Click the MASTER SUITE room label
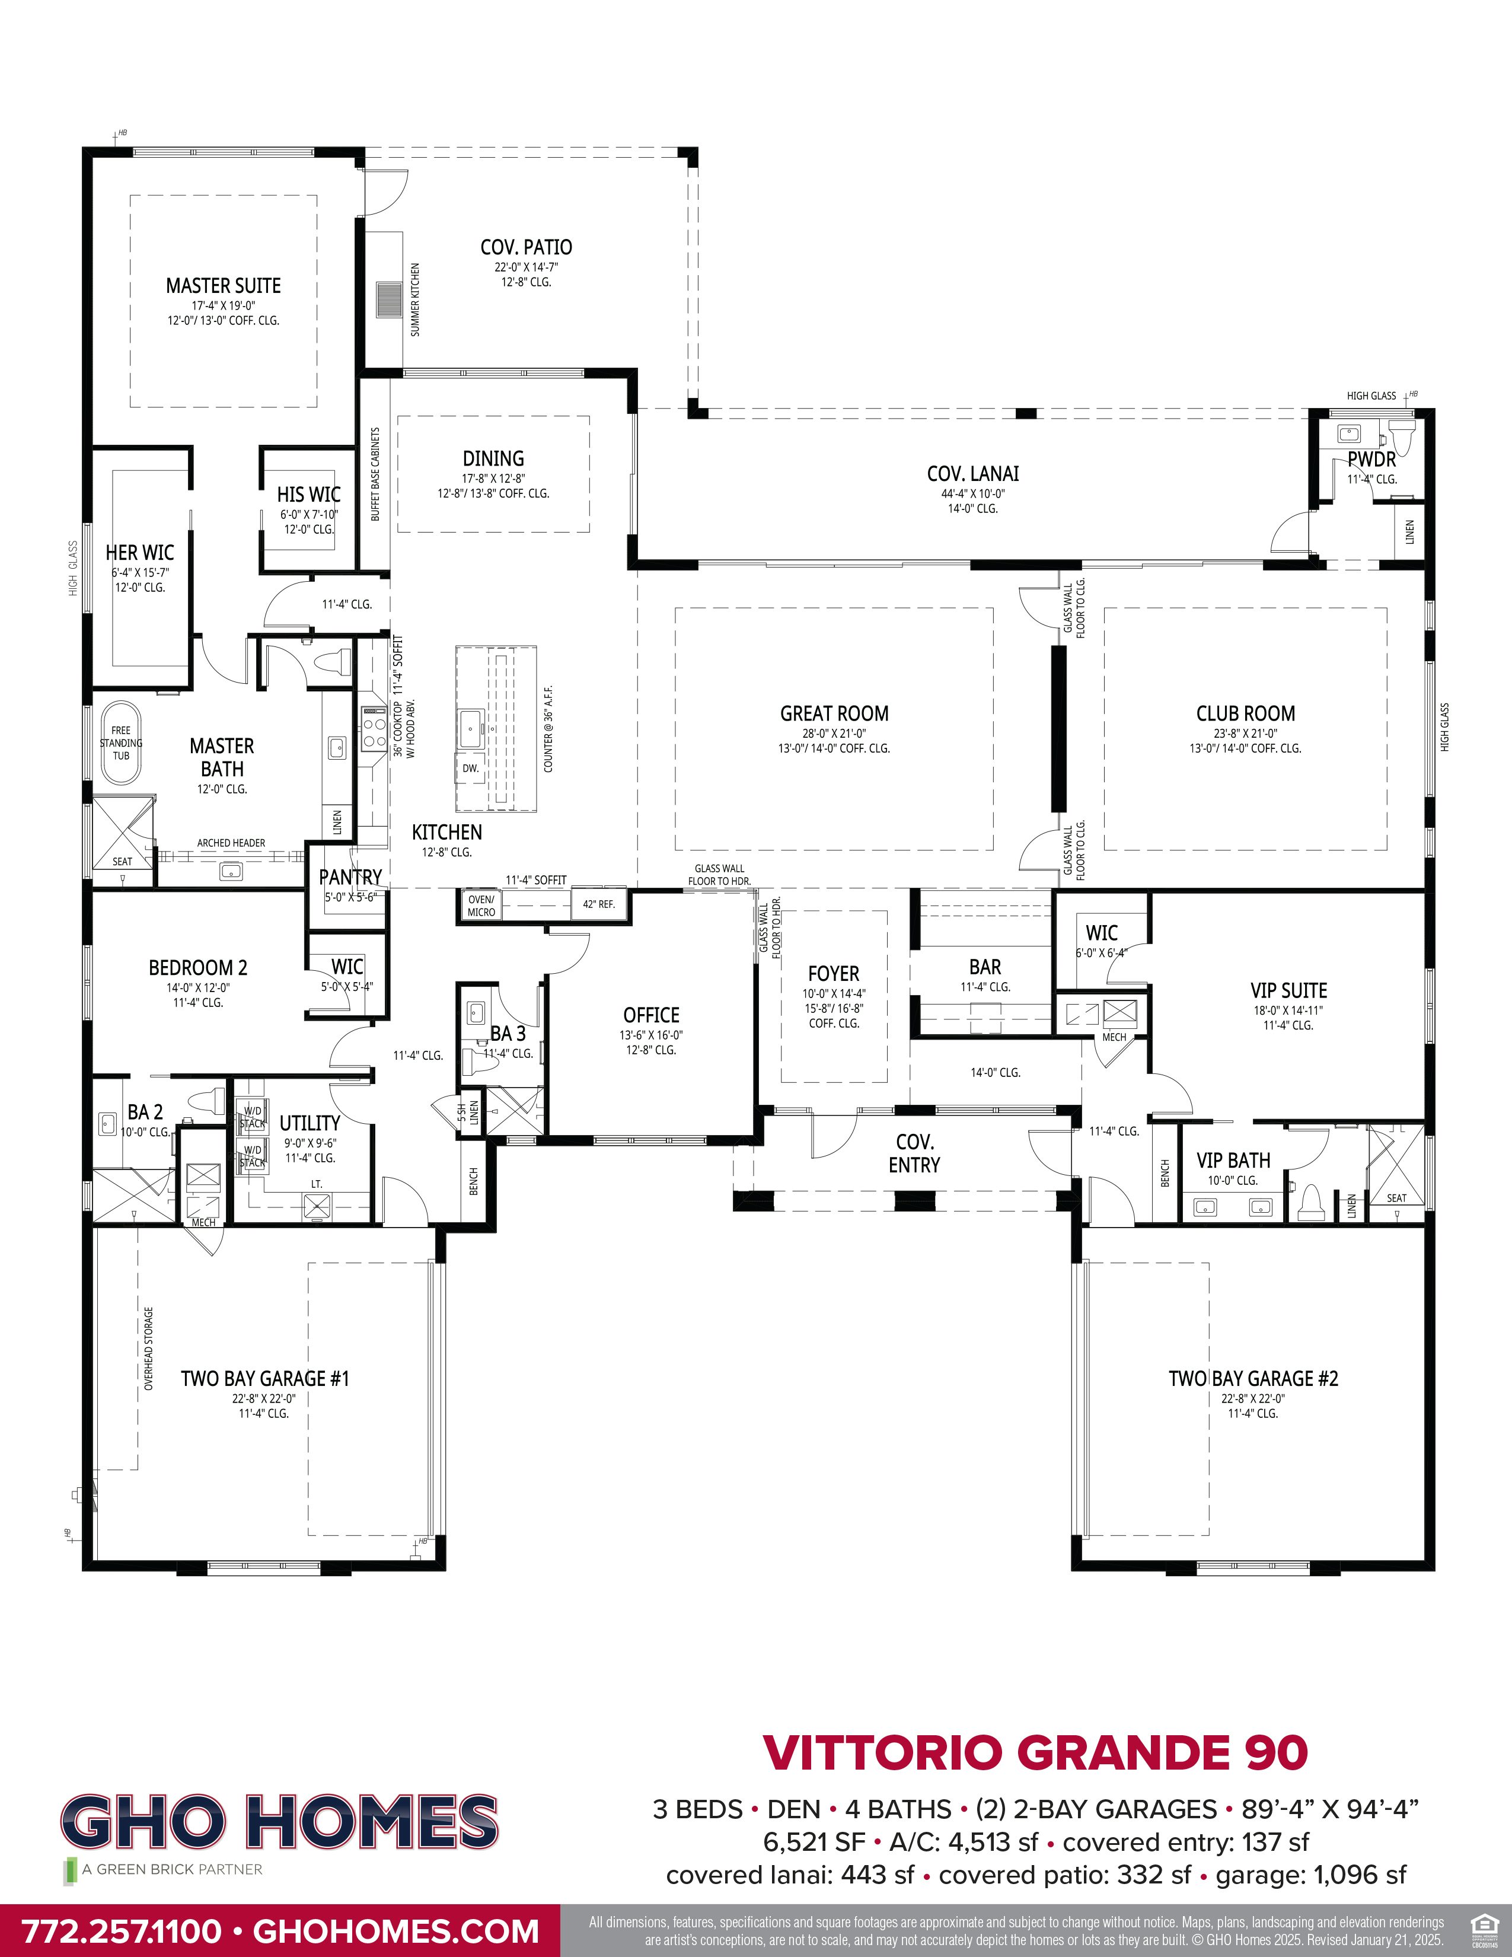click(223, 286)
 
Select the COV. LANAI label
click(973, 474)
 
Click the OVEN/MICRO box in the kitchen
click(481, 906)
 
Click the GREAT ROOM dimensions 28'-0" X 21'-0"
click(834, 733)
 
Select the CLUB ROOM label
click(1245, 714)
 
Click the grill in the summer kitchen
click(390, 299)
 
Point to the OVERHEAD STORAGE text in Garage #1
click(149, 1349)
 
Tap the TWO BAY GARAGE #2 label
click(1252, 1379)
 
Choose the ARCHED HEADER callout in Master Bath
click(231, 843)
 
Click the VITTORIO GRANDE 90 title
click(1035, 1754)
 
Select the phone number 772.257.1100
click(121, 1930)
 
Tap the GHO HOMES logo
click(279, 1822)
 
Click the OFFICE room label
click(651, 1015)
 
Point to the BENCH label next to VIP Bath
click(1165, 1173)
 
